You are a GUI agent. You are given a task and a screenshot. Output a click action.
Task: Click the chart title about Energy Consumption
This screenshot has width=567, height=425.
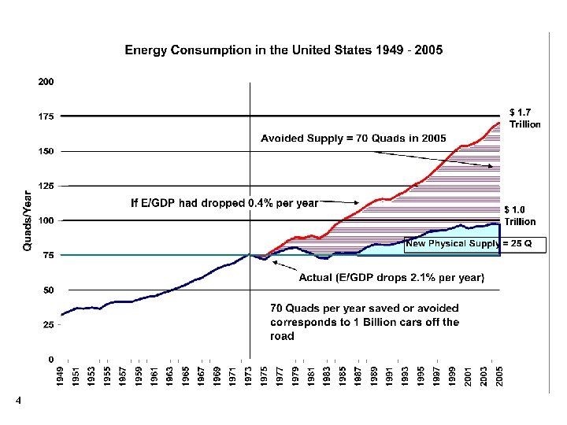click(283, 50)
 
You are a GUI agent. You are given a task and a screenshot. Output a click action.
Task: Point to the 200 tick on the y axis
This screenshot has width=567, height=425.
click(46, 82)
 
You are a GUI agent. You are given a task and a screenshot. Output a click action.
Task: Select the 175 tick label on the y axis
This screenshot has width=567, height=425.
click(46, 116)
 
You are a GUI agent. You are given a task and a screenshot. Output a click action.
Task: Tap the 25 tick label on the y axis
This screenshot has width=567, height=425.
click(48, 324)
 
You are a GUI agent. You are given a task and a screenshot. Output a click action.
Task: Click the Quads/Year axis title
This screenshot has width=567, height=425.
click(28, 220)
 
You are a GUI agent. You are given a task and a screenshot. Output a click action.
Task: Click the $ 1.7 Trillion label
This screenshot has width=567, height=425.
click(525, 118)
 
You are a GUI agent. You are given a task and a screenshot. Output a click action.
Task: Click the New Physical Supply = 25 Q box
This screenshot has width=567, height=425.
click(473, 244)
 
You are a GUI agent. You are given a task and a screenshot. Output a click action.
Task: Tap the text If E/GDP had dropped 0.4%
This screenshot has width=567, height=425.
click(224, 202)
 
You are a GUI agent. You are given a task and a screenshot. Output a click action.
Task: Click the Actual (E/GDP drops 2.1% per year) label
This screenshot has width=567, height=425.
click(391, 277)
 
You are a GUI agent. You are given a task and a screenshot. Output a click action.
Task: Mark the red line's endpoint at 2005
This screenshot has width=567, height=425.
click(499, 123)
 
